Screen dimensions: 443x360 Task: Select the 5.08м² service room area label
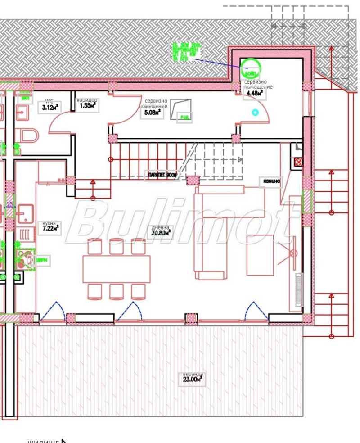pyautogui.click(x=152, y=113)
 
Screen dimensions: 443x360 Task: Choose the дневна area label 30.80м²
pyautogui.click(x=161, y=233)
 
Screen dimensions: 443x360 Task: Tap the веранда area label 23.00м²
pyautogui.click(x=192, y=379)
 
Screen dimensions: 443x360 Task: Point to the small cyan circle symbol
pyautogui.click(x=256, y=112)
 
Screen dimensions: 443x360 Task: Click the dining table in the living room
pyautogui.click(x=117, y=269)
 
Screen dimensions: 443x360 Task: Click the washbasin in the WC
pyautogui.click(x=23, y=112)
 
